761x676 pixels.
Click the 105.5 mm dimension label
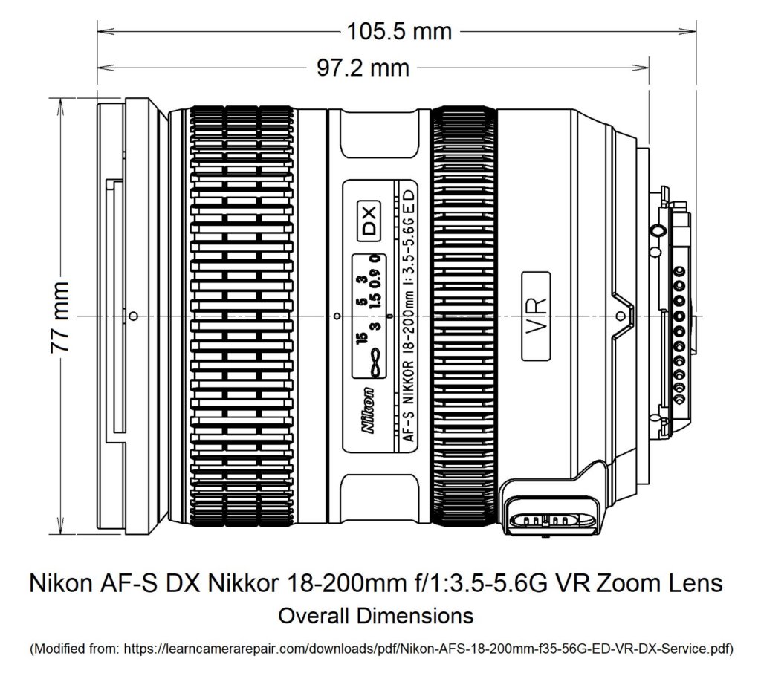[398, 31]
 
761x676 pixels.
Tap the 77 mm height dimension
[60, 316]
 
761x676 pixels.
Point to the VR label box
[536, 316]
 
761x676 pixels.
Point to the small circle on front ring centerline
[132, 316]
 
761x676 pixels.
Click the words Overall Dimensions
[375, 616]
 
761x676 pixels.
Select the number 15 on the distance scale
[361, 339]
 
